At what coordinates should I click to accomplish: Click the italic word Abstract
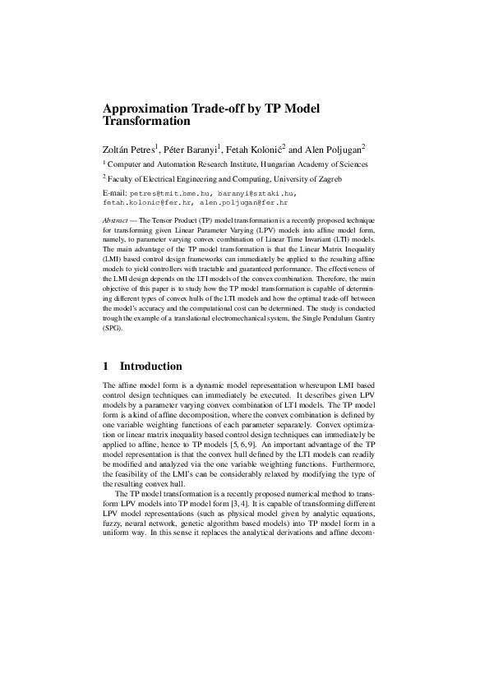[x=115, y=221]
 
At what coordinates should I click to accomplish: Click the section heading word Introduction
[x=151, y=366]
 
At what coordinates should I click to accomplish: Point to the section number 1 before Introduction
[x=106, y=366]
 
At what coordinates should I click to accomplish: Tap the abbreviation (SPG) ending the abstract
[x=111, y=327]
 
